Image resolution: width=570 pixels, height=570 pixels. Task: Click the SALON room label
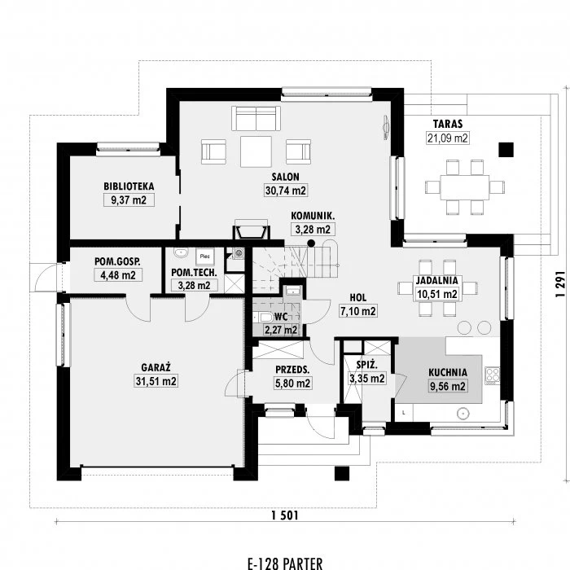[285, 177]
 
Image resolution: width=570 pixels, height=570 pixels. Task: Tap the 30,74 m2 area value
[286, 190]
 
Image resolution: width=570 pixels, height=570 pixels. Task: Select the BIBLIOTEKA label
[129, 186]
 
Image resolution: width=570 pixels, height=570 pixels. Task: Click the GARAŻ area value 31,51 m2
[156, 381]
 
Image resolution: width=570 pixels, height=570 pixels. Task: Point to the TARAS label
[448, 124]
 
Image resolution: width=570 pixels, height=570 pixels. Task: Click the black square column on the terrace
[506, 149]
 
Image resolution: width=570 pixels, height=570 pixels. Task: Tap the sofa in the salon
[256, 118]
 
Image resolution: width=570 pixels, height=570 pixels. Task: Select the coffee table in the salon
[256, 151]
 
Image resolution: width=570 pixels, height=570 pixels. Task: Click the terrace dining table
[465, 187]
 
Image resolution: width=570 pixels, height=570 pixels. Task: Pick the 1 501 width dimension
[285, 515]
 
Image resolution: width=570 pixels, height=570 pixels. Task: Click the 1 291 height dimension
[560, 284]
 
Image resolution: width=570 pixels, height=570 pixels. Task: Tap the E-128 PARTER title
[285, 563]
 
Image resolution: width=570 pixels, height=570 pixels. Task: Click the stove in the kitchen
[493, 375]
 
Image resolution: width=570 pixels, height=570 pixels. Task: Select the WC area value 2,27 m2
[281, 330]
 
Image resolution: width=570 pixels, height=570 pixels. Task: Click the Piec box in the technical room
[205, 256]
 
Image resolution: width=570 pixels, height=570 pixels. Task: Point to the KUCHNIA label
[448, 373]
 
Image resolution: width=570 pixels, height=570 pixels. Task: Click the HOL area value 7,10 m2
[358, 311]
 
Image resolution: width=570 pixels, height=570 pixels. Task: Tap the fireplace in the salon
[251, 230]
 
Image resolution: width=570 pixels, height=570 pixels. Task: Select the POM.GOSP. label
[117, 261]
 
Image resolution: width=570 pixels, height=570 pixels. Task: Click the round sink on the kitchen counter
[463, 414]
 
